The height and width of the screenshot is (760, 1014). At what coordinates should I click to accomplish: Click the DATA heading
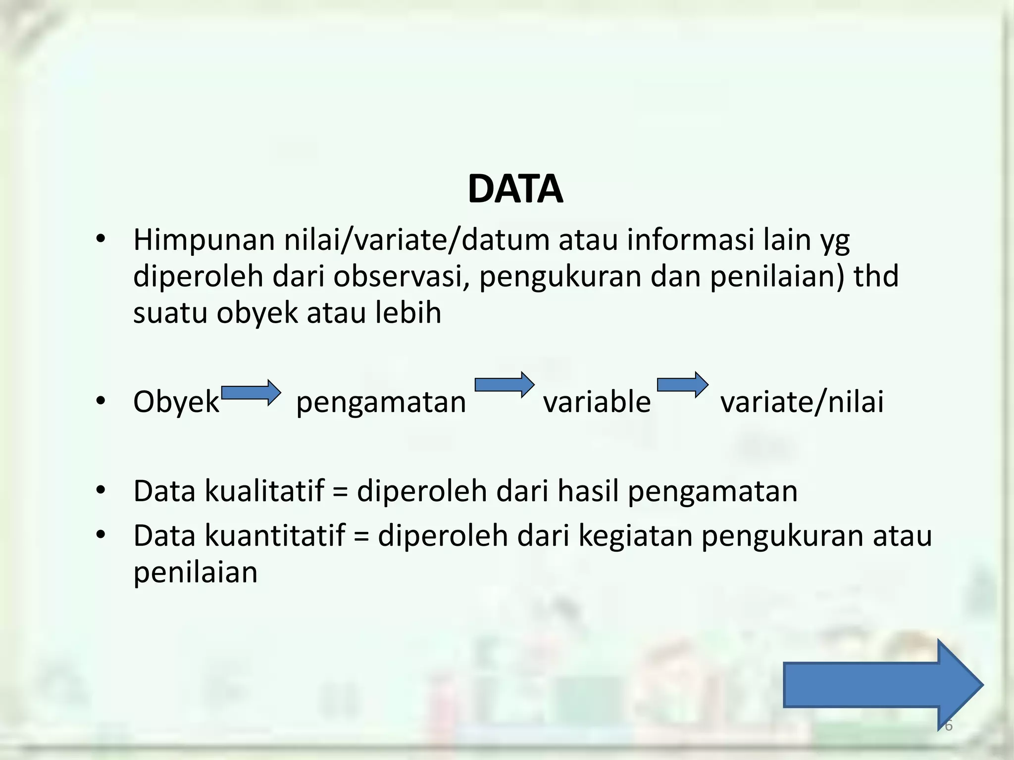(x=515, y=190)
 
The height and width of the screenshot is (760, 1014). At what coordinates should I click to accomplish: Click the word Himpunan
(x=204, y=240)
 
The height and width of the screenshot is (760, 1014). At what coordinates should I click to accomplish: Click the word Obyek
(x=176, y=402)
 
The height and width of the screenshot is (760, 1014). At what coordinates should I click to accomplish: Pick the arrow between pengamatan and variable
(x=505, y=384)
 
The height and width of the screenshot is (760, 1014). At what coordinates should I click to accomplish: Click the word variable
(x=597, y=402)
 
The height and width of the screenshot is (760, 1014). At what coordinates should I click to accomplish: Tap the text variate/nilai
(x=802, y=402)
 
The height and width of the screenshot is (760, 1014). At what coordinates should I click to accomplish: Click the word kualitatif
(x=264, y=491)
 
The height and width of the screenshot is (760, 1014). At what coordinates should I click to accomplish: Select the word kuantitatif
(x=274, y=536)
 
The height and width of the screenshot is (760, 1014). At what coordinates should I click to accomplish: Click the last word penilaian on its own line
(x=195, y=573)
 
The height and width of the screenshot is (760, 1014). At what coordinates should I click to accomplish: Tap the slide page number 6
(x=948, y=726)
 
